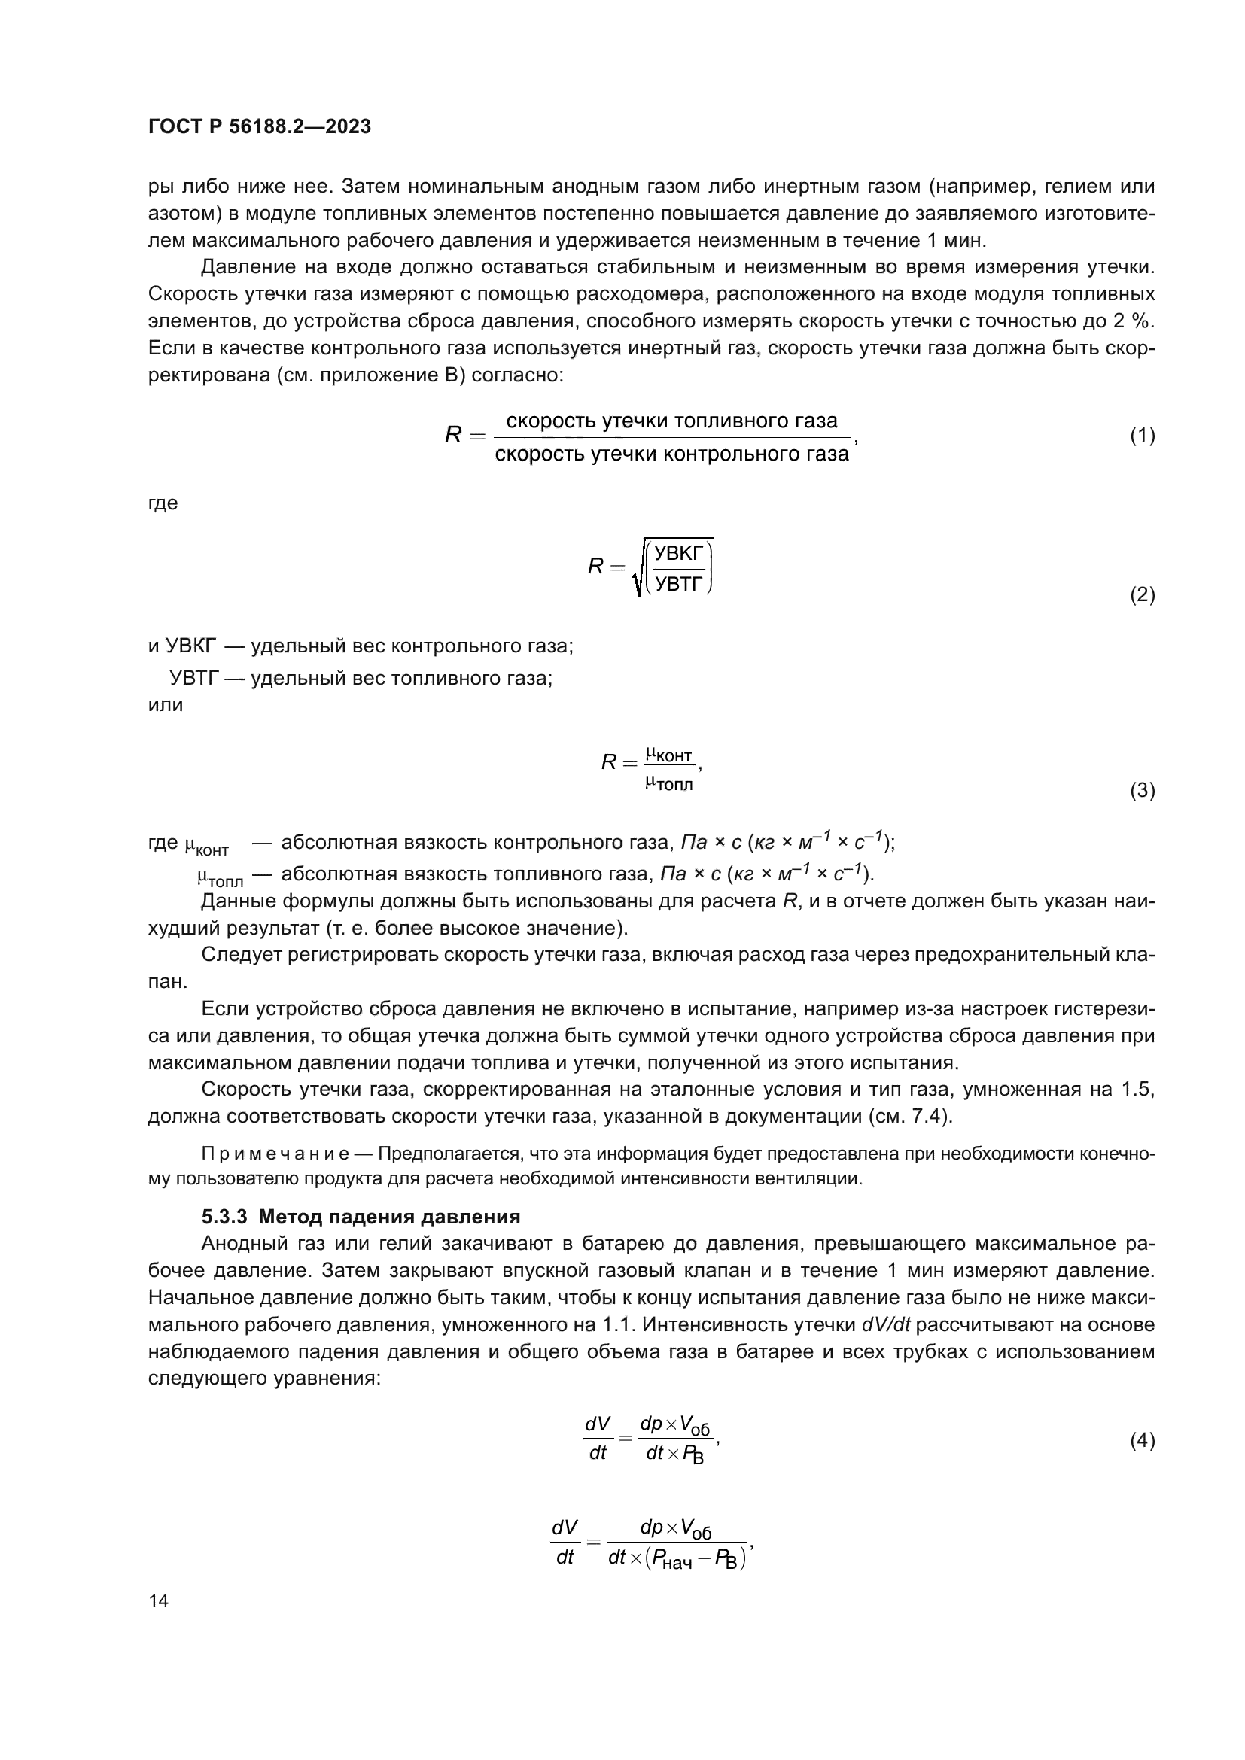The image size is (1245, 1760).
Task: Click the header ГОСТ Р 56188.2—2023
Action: pos(259,126)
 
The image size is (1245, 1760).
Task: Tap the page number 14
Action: pos(159,1600)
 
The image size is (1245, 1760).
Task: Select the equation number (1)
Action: pos(1143,436)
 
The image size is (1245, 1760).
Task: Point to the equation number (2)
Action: pos(1143,595)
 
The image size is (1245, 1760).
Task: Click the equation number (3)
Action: pos(1143,790)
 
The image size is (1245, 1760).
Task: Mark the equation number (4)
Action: pos(1143,1440)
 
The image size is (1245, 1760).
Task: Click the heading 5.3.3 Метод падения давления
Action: pos(361,1217)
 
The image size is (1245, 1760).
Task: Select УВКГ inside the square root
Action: pos(678,554)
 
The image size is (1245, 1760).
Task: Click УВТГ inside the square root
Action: pos(678,585)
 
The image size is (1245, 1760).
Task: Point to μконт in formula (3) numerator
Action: pos(668,755)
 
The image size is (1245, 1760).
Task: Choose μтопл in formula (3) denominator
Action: pos(668,784)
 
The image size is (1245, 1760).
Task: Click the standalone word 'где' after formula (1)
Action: pos(163,503)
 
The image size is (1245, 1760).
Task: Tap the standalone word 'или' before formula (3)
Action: pos(166,704)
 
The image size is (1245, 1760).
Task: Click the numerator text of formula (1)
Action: pos(671,421)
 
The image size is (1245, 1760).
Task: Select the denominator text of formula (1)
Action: pos(671,454)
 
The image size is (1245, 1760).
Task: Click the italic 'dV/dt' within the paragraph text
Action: pos(890,1324)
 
